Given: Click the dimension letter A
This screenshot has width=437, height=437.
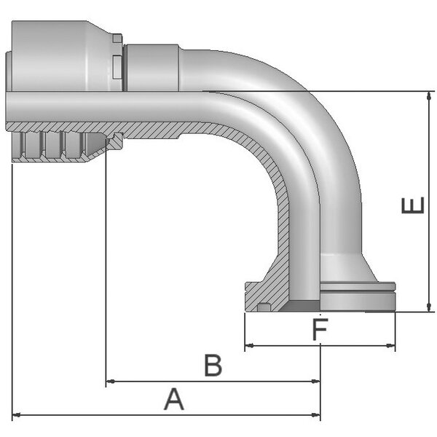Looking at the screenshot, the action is (174, 399).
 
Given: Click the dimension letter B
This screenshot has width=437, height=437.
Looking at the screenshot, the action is (213, 365).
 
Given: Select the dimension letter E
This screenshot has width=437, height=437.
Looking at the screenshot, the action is (413, 205).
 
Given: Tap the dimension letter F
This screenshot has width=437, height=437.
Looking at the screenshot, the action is (320, 329).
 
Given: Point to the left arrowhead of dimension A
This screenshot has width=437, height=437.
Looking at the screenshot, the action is (17, 415).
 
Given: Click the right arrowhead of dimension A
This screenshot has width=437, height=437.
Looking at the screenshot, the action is (316, 415).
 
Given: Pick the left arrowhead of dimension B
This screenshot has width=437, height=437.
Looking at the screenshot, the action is (111, 381).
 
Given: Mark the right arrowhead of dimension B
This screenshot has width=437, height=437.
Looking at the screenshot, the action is (316, 381).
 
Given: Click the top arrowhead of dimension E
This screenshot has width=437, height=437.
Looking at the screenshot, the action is (429, 96).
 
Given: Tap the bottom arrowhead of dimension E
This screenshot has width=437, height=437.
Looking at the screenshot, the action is (429, 307).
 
